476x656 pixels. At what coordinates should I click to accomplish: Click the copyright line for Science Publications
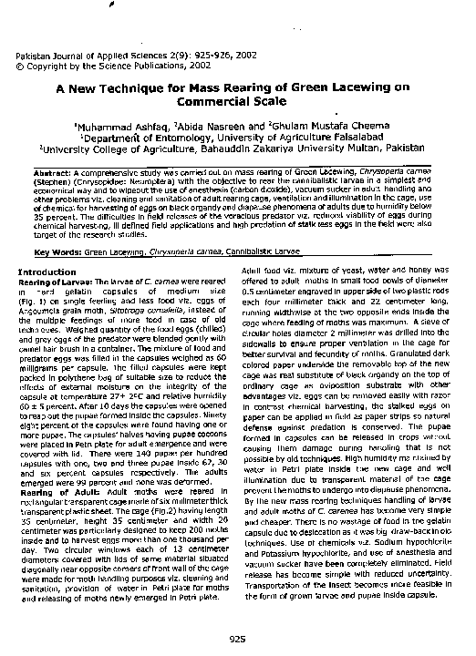click(101, 67)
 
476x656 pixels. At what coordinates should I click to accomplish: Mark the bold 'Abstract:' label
click(54, 171)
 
